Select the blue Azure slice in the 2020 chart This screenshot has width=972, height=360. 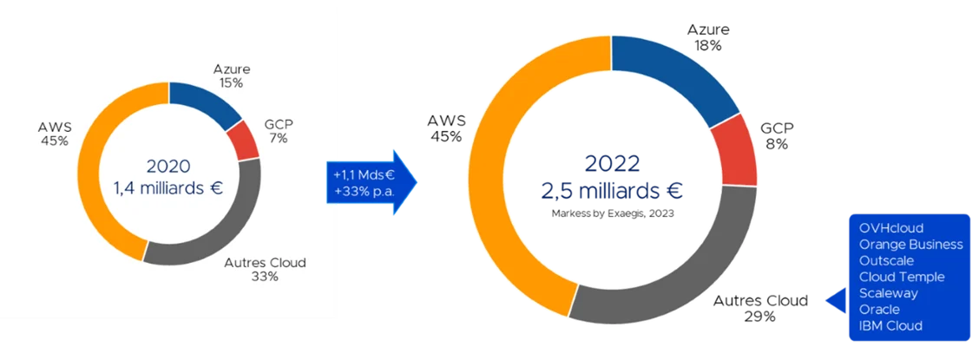[205, 101]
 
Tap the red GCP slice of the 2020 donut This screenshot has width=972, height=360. [244, 140]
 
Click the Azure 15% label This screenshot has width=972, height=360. [232, 76]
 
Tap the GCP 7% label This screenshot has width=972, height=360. [279, 131]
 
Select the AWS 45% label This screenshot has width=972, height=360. [55, 134]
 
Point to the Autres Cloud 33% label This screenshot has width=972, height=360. [266, 270]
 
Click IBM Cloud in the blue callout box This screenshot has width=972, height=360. [890, 325]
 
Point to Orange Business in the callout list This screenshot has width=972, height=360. [910, 244]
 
